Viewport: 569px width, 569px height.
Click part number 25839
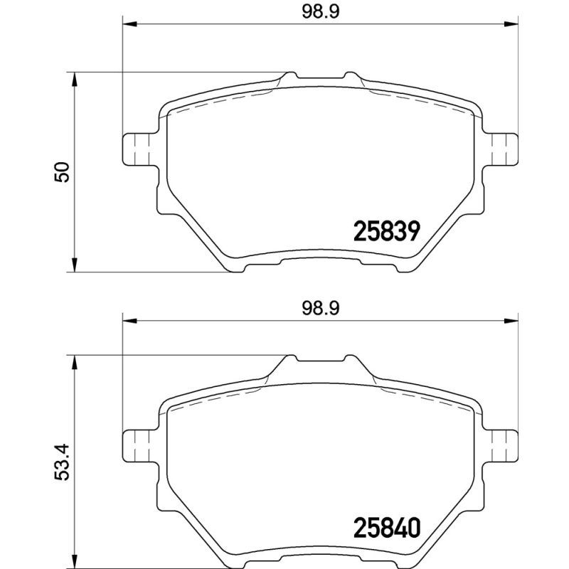388,230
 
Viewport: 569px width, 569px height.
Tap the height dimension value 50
63,172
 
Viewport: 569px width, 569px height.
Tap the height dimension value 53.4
63,462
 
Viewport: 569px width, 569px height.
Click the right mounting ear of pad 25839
501,149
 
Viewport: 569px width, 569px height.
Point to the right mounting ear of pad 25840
501,445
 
